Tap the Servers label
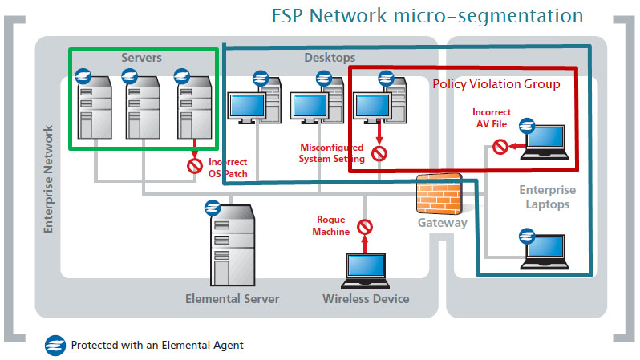142,58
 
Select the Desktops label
329,58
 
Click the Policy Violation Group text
496,84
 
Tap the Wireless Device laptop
365,270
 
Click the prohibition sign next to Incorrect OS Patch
194,167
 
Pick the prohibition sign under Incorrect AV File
500,147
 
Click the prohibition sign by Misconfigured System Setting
379,152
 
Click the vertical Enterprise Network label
48,179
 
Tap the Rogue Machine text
333,225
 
